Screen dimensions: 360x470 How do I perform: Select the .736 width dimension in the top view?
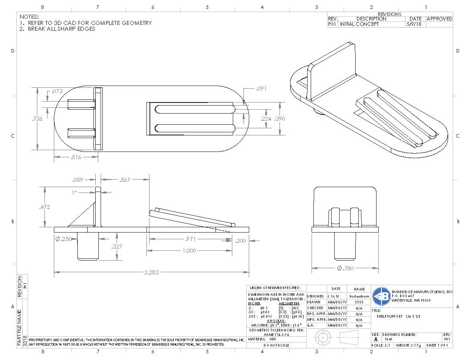38,119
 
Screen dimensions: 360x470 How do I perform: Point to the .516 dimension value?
76,157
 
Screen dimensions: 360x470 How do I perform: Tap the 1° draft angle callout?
75,193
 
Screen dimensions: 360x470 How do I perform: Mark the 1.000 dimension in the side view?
189,251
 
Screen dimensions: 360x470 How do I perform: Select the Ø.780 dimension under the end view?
345,268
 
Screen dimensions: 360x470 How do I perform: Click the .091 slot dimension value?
261,89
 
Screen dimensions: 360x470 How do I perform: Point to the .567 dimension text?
125,180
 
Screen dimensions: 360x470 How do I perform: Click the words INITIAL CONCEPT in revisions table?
360,25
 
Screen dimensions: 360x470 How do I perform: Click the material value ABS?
273,339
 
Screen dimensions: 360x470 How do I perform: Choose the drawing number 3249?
389,339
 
